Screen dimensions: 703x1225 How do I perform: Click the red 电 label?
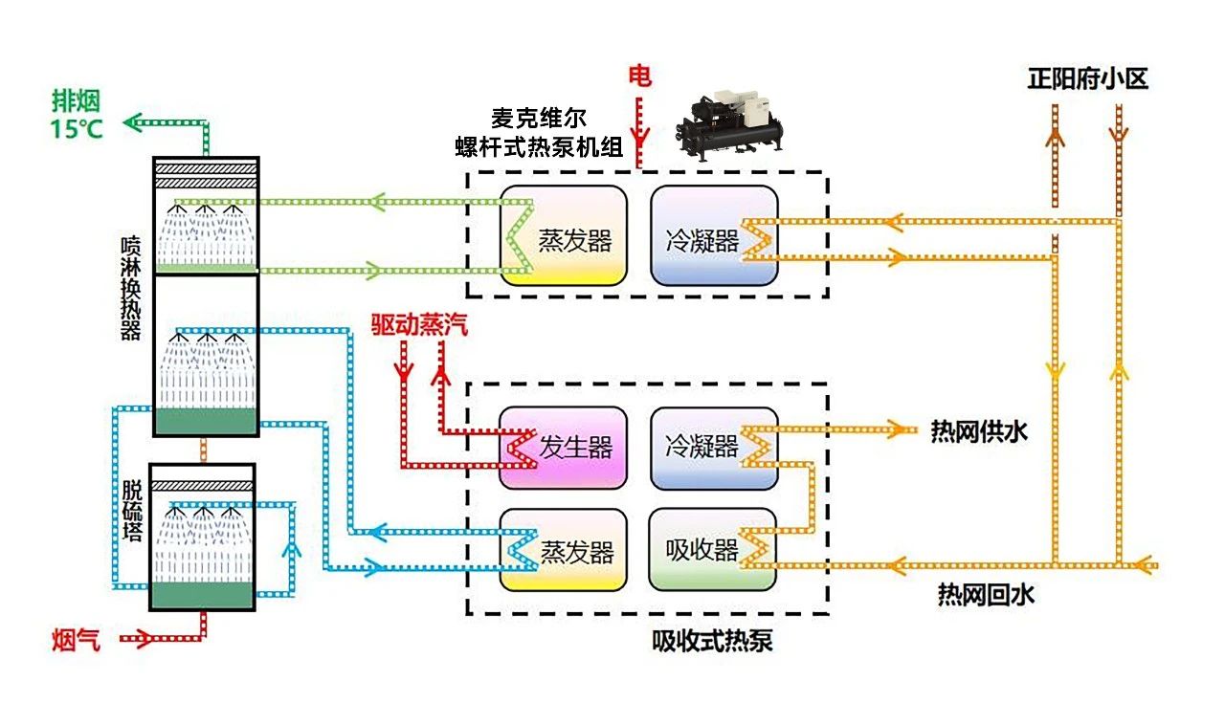(x=639, y=76)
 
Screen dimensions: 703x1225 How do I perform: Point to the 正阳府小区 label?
(x=1087, y=78)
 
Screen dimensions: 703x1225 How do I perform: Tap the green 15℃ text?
(x=78, y=128)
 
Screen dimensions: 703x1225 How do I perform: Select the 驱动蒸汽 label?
(x=420, y=324)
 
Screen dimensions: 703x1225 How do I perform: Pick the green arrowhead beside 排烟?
(x=135, y=121)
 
